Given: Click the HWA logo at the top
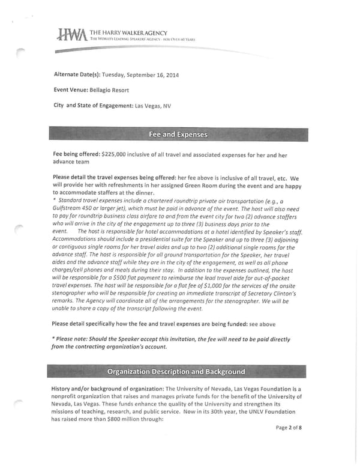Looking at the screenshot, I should pyautogui.click(x=71, y=35).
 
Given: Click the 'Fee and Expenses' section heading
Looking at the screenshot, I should pyautogui.click(x=178, y=134).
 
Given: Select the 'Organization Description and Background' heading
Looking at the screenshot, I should pyautogui.click(x=176, y=371).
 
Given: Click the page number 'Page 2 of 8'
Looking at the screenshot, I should pyautogui.click(x=289, y=428).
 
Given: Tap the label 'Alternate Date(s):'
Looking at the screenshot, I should pyautogui.click(x=77, y=75).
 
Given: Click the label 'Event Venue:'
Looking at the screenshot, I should pyautogui.click(x=71, y=91).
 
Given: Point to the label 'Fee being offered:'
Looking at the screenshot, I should pyautogui.click(x=77, y=155).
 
